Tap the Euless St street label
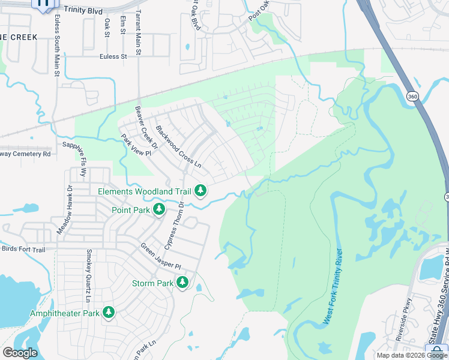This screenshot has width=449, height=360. [114, 56]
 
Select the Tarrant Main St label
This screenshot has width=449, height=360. [138, 33]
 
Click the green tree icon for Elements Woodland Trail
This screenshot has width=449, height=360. [200, 191]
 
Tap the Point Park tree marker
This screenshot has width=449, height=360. [159, 209]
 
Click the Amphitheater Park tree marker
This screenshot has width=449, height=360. [109, 313]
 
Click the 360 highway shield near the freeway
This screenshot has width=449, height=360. [412, 96]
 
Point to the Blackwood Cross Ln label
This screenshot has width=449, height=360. [178, 146]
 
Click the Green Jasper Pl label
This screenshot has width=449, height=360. [160, 256]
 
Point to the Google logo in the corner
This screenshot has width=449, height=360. [20, 352]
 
